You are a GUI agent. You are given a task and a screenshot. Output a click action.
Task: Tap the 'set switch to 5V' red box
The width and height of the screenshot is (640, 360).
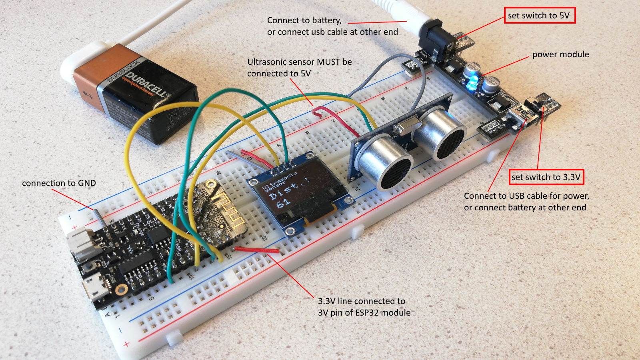[539, 16]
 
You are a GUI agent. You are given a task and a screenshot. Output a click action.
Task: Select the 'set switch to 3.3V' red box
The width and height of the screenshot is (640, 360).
[546, 177]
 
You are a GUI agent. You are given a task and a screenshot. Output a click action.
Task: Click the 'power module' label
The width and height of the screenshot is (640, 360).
[560, 54]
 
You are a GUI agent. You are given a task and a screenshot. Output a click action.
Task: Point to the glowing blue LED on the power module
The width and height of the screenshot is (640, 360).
[472, 82]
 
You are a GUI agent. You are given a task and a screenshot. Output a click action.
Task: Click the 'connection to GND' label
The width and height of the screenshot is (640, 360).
[59, 183]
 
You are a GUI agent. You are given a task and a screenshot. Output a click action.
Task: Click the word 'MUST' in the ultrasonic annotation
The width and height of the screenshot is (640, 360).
[328, 62]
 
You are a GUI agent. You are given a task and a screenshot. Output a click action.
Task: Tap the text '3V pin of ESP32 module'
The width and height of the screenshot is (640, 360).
[364, 313]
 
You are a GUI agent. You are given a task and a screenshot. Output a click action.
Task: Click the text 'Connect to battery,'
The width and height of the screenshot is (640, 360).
[304, 20]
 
